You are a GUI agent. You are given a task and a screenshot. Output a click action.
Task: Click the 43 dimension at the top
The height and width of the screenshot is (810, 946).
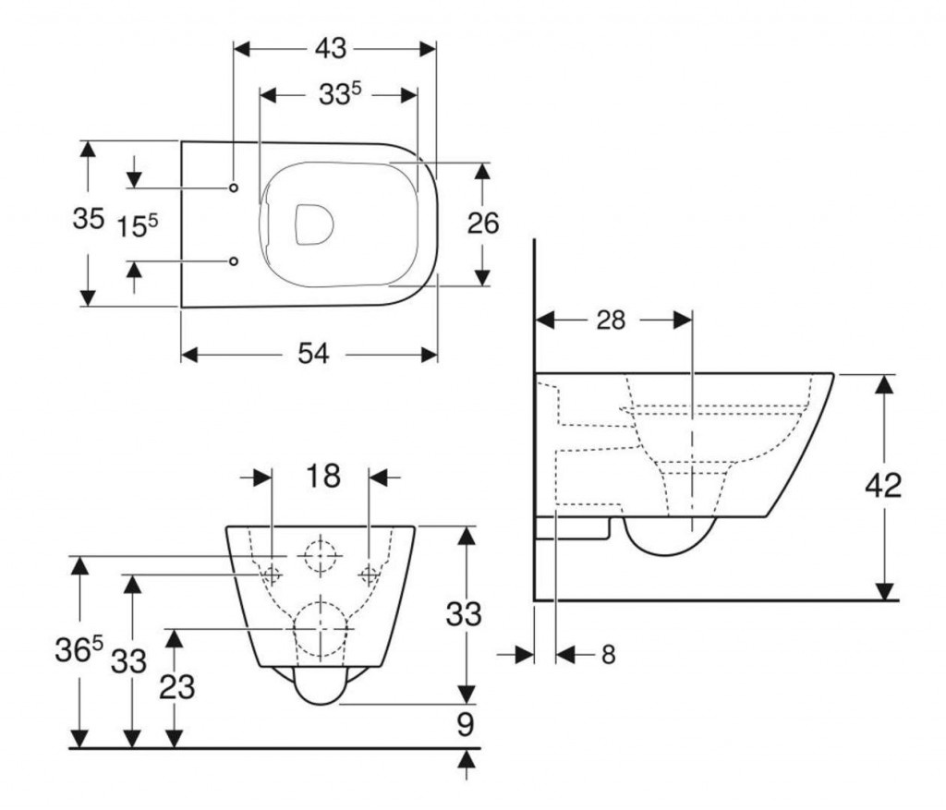[333, 48]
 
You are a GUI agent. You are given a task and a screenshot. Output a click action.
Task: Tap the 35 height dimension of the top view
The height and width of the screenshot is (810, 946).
[88, 220]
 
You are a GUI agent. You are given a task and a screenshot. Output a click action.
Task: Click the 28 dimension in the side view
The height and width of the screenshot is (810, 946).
[612, 320]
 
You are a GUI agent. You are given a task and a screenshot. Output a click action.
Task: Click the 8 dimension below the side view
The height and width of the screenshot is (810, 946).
[607, 654]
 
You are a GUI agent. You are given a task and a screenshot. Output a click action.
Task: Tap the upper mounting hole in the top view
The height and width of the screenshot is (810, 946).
[234, 187]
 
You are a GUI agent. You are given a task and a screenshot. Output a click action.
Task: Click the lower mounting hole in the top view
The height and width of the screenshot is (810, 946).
[234, 261]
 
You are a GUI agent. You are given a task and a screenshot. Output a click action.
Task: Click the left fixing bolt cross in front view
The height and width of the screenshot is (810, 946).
[273, 574]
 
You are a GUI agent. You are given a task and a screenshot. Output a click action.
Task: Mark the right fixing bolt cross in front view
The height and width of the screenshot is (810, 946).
[370, 574]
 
